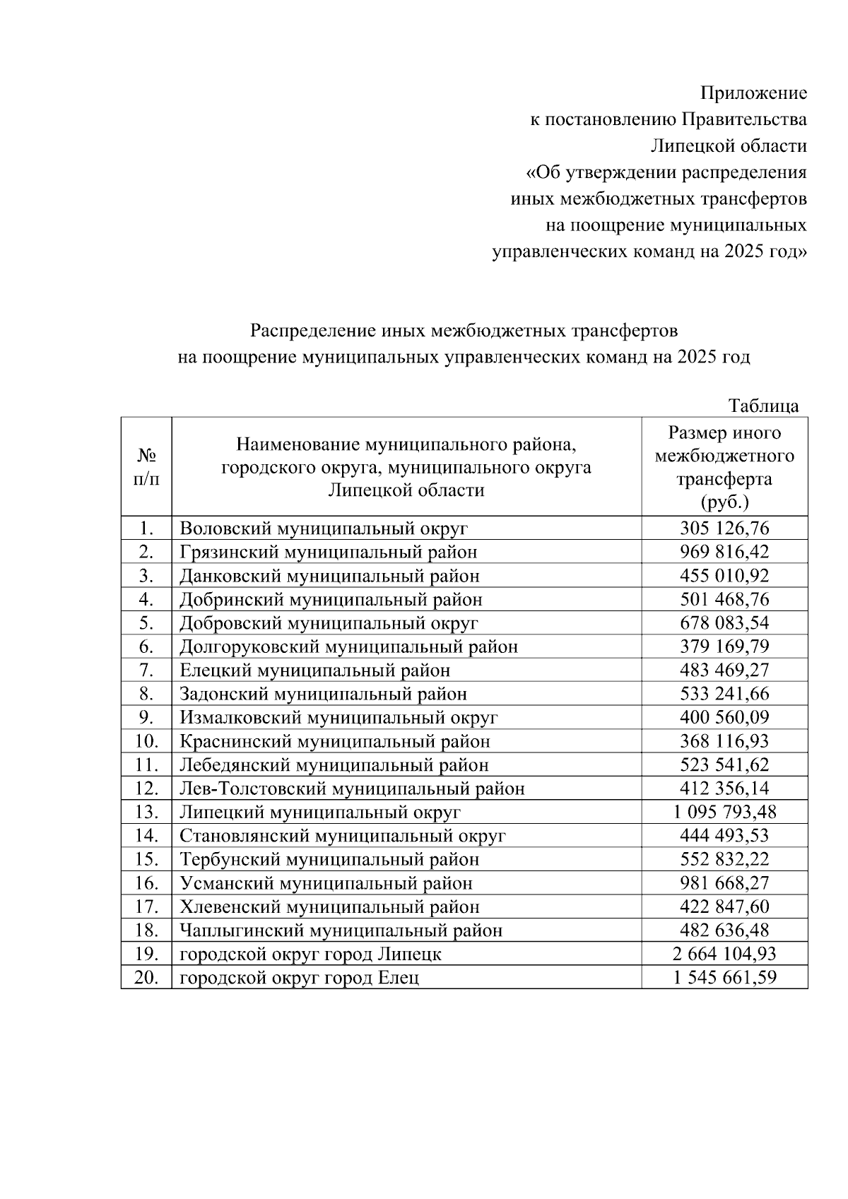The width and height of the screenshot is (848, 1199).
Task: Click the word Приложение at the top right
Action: [753, 93]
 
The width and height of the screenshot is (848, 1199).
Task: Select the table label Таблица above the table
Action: [763, 406]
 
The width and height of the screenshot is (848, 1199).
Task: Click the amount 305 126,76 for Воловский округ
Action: [724, 528]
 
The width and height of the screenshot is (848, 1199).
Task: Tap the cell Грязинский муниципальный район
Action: [328, 553]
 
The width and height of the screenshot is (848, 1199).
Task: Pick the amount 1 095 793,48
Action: [724, 813]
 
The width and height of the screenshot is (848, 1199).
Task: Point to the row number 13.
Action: [146, 813]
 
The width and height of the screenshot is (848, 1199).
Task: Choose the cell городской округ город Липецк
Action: [310, 955]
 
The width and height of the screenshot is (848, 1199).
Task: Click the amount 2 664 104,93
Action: [724, 955]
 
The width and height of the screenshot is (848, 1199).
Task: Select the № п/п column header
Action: [146, 467]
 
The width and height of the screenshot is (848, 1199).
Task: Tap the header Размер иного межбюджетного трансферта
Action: [724, 467]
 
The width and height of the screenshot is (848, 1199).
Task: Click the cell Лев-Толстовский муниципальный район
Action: [352, 788]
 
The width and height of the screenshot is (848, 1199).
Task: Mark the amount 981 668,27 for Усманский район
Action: [724, 883]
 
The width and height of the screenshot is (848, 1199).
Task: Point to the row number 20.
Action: [146, 979]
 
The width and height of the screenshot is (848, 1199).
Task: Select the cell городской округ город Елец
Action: [299, 979]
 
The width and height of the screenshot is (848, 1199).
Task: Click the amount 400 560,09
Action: [724, 718]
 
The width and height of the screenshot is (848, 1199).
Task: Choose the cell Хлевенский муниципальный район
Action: [329, 907]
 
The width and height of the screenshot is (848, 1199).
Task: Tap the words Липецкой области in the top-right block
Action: [728, 146]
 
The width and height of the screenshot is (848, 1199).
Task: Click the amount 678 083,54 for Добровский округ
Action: [724, 623]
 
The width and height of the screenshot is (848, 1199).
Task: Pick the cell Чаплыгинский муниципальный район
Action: [341, 931]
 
